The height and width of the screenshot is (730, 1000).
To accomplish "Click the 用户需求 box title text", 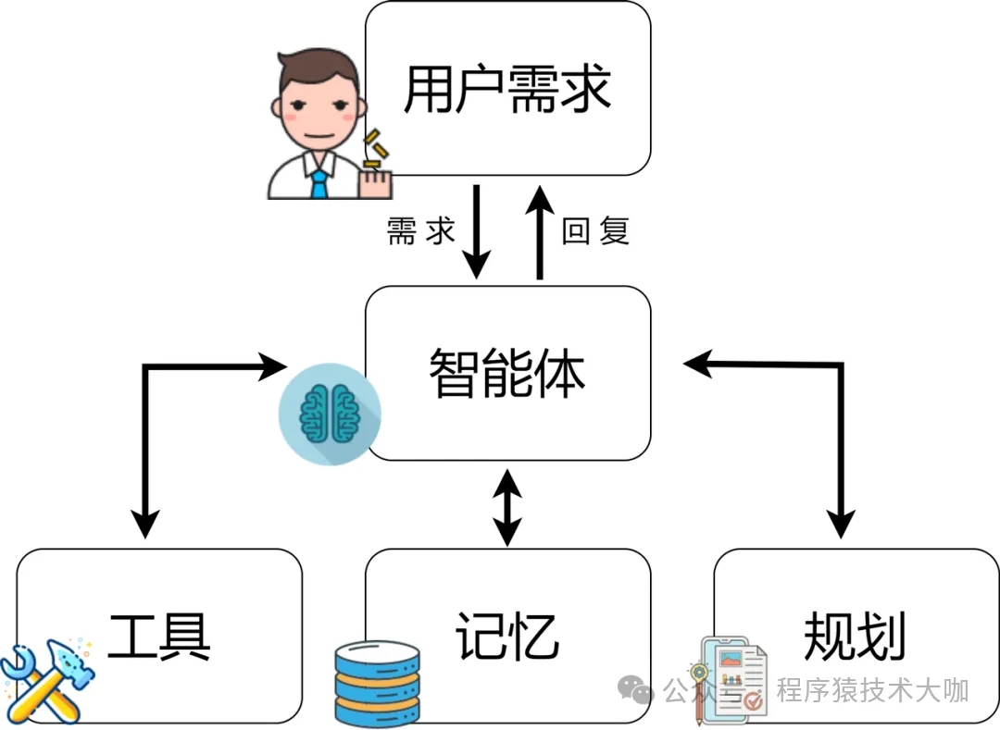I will tap(507, 90).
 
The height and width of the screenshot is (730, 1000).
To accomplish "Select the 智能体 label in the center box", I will tap(507, 373).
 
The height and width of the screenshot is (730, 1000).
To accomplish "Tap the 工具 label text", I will tap(159, 636).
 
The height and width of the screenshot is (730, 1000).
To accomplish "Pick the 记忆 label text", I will tap(507, 636).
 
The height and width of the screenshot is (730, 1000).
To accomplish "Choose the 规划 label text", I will tap(855, 636).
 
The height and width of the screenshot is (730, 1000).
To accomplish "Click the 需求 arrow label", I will tap(421, 231).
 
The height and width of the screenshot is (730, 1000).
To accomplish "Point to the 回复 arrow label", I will tap(595, 231).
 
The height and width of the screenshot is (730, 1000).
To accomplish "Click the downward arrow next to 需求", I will tap(476, 231).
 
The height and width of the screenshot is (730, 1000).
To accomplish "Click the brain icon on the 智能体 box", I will tap(330, 411).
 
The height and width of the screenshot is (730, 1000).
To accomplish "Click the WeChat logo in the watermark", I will tap(638, 690).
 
